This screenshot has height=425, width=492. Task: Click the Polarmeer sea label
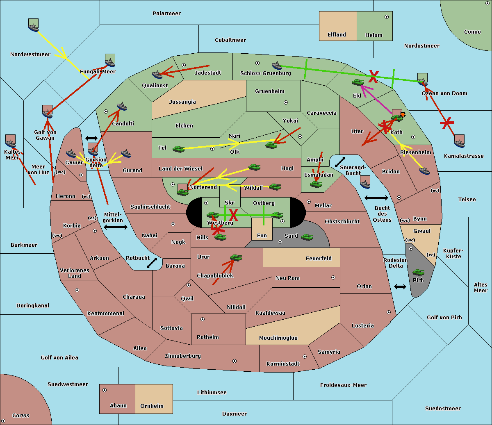pos(166,14)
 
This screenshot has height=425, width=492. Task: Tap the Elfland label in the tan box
pos(337,35)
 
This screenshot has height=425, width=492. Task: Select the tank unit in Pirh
pos(418,272)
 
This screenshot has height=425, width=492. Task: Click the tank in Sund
pos(307,237)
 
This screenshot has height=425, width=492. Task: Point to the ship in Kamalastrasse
pos(460,142)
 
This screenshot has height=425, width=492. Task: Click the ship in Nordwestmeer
pos(33,26)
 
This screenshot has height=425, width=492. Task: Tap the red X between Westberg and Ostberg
pos(233,214)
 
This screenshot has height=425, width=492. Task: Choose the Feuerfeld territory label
pos(319,259)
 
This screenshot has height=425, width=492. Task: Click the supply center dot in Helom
pos(386,17)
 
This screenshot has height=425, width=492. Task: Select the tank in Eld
pos(358,82)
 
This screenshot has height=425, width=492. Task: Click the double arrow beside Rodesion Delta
pos(400,286)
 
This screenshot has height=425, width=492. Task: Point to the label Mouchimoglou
pos(278,338)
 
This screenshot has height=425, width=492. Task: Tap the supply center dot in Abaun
pos(105,390)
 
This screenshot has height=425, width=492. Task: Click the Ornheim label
pos(152,406)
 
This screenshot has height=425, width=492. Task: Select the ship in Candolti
pos(122,107)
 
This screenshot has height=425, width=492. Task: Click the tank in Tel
pos(178,149)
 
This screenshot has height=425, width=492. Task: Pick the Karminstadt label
pos(283,364)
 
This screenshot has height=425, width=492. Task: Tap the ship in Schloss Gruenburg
pos(277,66)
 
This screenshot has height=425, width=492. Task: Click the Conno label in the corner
pos(472,32)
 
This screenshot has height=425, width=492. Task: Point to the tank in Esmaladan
pos(316,184)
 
